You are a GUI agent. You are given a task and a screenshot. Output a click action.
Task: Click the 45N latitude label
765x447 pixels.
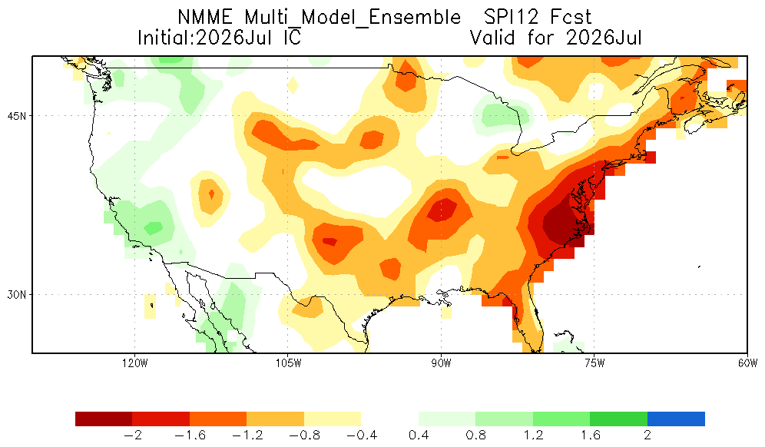pos(17,116)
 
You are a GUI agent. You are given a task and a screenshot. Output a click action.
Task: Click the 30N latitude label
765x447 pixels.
pos(17,295)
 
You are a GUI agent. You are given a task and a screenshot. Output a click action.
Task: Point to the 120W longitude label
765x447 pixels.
pos(135,363)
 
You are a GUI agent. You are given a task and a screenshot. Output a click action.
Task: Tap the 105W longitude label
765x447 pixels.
pos(288,363)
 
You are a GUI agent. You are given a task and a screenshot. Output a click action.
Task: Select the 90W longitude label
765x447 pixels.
pos(442,363)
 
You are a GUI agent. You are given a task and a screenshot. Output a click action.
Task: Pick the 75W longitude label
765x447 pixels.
pos(594,363)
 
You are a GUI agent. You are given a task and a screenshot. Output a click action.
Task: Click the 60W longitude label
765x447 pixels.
pos(747,363)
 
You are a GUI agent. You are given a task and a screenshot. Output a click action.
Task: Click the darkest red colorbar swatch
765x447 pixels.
pos(104,419)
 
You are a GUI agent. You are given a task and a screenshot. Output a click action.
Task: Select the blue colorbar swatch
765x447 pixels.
pos(676,419)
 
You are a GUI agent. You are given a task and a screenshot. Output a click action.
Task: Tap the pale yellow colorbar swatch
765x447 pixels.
pos(333,419)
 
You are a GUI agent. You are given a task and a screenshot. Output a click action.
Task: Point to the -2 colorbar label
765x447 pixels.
pos(132,435)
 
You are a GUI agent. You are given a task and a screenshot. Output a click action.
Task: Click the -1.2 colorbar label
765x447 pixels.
pos(247,435)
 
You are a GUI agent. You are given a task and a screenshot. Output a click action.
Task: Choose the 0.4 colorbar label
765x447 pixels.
pos(419,435)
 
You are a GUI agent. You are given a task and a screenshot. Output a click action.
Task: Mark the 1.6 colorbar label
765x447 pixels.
pos(591,435)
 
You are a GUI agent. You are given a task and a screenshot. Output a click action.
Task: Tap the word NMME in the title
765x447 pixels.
pos(205,17)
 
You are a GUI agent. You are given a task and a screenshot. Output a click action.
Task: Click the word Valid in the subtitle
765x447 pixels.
pos(492,38)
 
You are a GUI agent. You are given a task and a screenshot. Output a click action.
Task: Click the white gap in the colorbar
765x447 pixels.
pos(390,419)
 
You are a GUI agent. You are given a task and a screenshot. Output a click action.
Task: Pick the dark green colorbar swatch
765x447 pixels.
pos(618,419)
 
